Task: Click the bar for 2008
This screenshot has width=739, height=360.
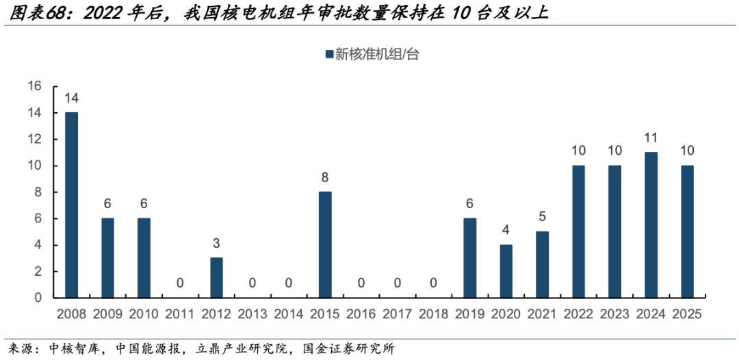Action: (71, 205)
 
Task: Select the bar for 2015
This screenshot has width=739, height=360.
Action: (325, 244)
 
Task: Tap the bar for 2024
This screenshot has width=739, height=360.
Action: (651, 224)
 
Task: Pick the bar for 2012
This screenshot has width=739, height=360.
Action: (216, 277)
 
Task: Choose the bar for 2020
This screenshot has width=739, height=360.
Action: (506, 271)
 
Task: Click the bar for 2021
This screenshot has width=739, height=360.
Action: (543, 264)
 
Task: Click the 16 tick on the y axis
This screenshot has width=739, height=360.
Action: (35, 86)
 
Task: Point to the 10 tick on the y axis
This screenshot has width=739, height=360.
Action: (35, 166)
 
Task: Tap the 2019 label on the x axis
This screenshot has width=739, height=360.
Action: (470, 314)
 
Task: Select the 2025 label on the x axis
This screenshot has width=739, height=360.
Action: (687, 314)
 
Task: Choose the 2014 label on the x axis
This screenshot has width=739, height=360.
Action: (289, 314)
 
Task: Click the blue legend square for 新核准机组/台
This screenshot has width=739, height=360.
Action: (328, 54)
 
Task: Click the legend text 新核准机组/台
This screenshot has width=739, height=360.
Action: (376, 55)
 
